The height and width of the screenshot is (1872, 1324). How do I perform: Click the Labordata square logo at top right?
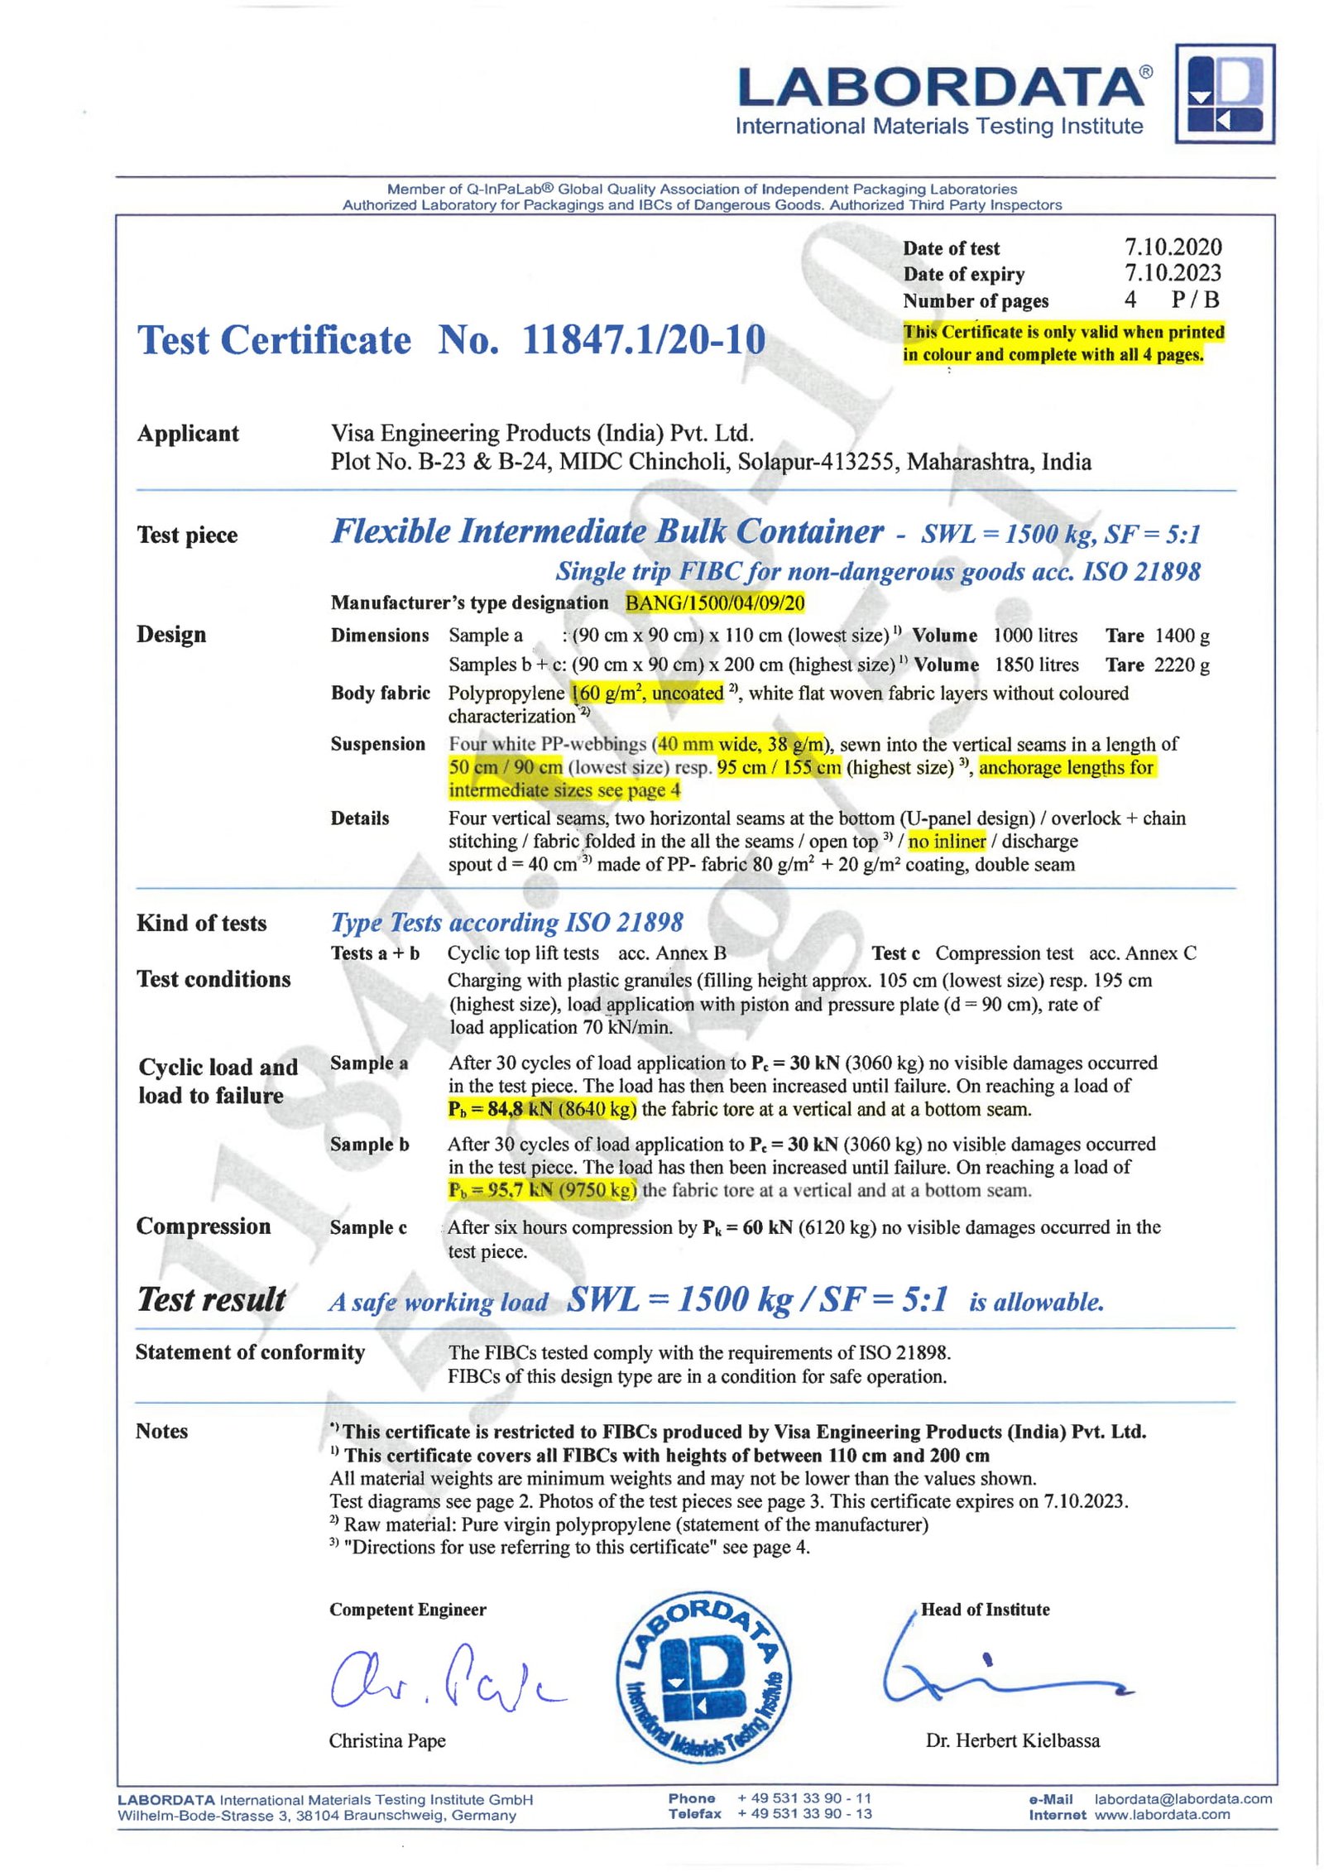pyautogui.click(x=1224, y=94)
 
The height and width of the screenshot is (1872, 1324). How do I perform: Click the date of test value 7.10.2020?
pyautogui.click(x=1172, y=247)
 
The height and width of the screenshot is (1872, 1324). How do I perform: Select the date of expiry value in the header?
pyautogui.click(x=1172, y=272)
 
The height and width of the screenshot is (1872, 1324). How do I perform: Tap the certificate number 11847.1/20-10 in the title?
pyautogui.click(x=643, y=340)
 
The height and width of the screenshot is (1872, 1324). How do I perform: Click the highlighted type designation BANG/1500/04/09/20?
pyautogui.click(x=714, y=602)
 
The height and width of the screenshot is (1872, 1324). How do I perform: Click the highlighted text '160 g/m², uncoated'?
pyautogui.click(x=648, y=693)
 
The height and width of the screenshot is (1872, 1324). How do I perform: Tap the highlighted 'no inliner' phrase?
pyautogui.click(x=947, y=841)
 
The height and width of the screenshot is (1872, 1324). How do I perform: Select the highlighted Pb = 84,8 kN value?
pyautogui.click(x=542, y=1109)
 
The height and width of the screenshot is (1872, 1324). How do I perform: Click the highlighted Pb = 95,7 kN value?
pyautogui.click(x=542, y=1190)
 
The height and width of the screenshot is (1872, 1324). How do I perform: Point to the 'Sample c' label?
pyautogui.click(x=368, y=1227)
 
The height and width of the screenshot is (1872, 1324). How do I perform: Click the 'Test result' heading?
pyautogui.click(x=211, y=1300)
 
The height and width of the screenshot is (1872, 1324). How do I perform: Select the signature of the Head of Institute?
pyautogui.click(x=1001, y=1673)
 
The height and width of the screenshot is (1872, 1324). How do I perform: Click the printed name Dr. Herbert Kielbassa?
pyautogui.click(x=1012, y=1740)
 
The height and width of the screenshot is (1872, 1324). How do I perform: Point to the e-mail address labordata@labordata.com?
pyautogui.click(x=1182, y=1798)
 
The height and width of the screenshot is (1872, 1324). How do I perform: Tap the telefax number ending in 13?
pyautogui.click(x=804, y=1814)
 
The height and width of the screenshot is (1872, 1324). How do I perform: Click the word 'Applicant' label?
pyautogui.click(x=188, y=434)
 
